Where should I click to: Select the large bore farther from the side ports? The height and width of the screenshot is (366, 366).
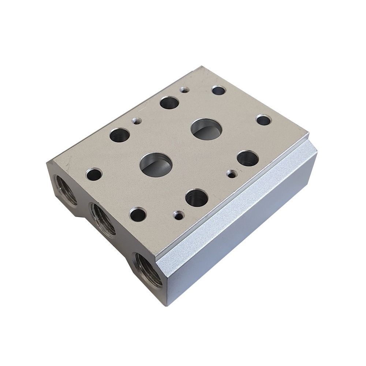coord(207,129)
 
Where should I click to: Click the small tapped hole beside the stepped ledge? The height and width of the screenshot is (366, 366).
coord(231,173)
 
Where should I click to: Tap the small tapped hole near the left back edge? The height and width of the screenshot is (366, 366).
coord(137,120)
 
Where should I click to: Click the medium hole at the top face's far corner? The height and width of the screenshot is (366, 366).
coord(219,90)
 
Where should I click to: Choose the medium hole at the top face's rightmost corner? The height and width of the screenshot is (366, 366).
coord(264,120)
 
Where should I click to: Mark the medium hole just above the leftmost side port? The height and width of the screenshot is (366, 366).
coord(94,174)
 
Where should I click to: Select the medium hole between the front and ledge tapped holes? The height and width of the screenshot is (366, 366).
coord(197,198)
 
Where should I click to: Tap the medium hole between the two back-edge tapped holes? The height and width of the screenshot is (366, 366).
coord(169,102)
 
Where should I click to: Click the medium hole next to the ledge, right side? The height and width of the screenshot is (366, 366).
coord(248,158)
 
